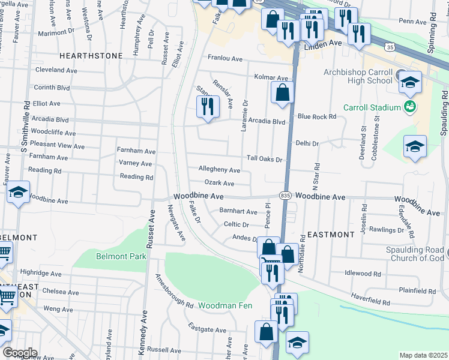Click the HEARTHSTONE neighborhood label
pos(91,56)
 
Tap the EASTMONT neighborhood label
pos(331,235)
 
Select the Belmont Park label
pos(121,256)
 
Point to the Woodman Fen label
pos(226,306)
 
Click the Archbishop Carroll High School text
pos(358,76)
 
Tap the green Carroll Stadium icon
pos(410,107)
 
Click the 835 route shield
pos(285,196)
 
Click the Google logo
pos(20,352)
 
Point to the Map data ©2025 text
pos(423,355)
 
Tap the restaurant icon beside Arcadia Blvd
pos(206,107)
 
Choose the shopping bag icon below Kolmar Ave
pos(282,93)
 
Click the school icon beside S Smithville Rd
pos(18,193)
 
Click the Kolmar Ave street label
pos(271,78)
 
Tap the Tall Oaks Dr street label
pos(265,159)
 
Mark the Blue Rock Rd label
pos(316,117)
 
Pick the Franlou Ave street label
pos(224,59)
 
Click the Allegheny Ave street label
pos(219,171)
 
